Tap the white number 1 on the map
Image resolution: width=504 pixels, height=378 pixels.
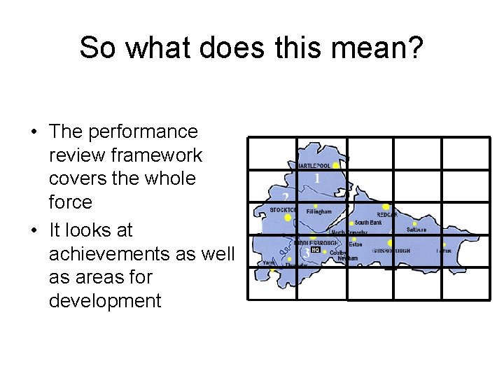click(x=317, y=178)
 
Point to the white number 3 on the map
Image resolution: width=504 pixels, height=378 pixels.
click(x=306, y=255)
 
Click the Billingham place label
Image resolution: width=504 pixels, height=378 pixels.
click(x=318, y=211)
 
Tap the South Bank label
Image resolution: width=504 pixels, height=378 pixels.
click(x=368, y=223)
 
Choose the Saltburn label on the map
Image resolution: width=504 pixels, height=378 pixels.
click(x=416, y=230)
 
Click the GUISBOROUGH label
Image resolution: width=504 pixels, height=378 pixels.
click(x=391, y=251)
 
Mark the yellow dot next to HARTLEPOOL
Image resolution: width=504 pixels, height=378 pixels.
click(x=336, y=165)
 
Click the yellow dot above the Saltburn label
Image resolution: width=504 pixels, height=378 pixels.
click(x=414, y=224)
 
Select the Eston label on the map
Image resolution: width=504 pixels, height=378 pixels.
click(x=355, y=245)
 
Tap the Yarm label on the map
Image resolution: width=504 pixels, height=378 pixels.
click(x=269, y=263)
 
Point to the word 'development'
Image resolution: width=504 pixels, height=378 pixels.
click(x=105, y=301)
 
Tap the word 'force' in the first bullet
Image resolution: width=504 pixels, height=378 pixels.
click(x=71, y=202)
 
